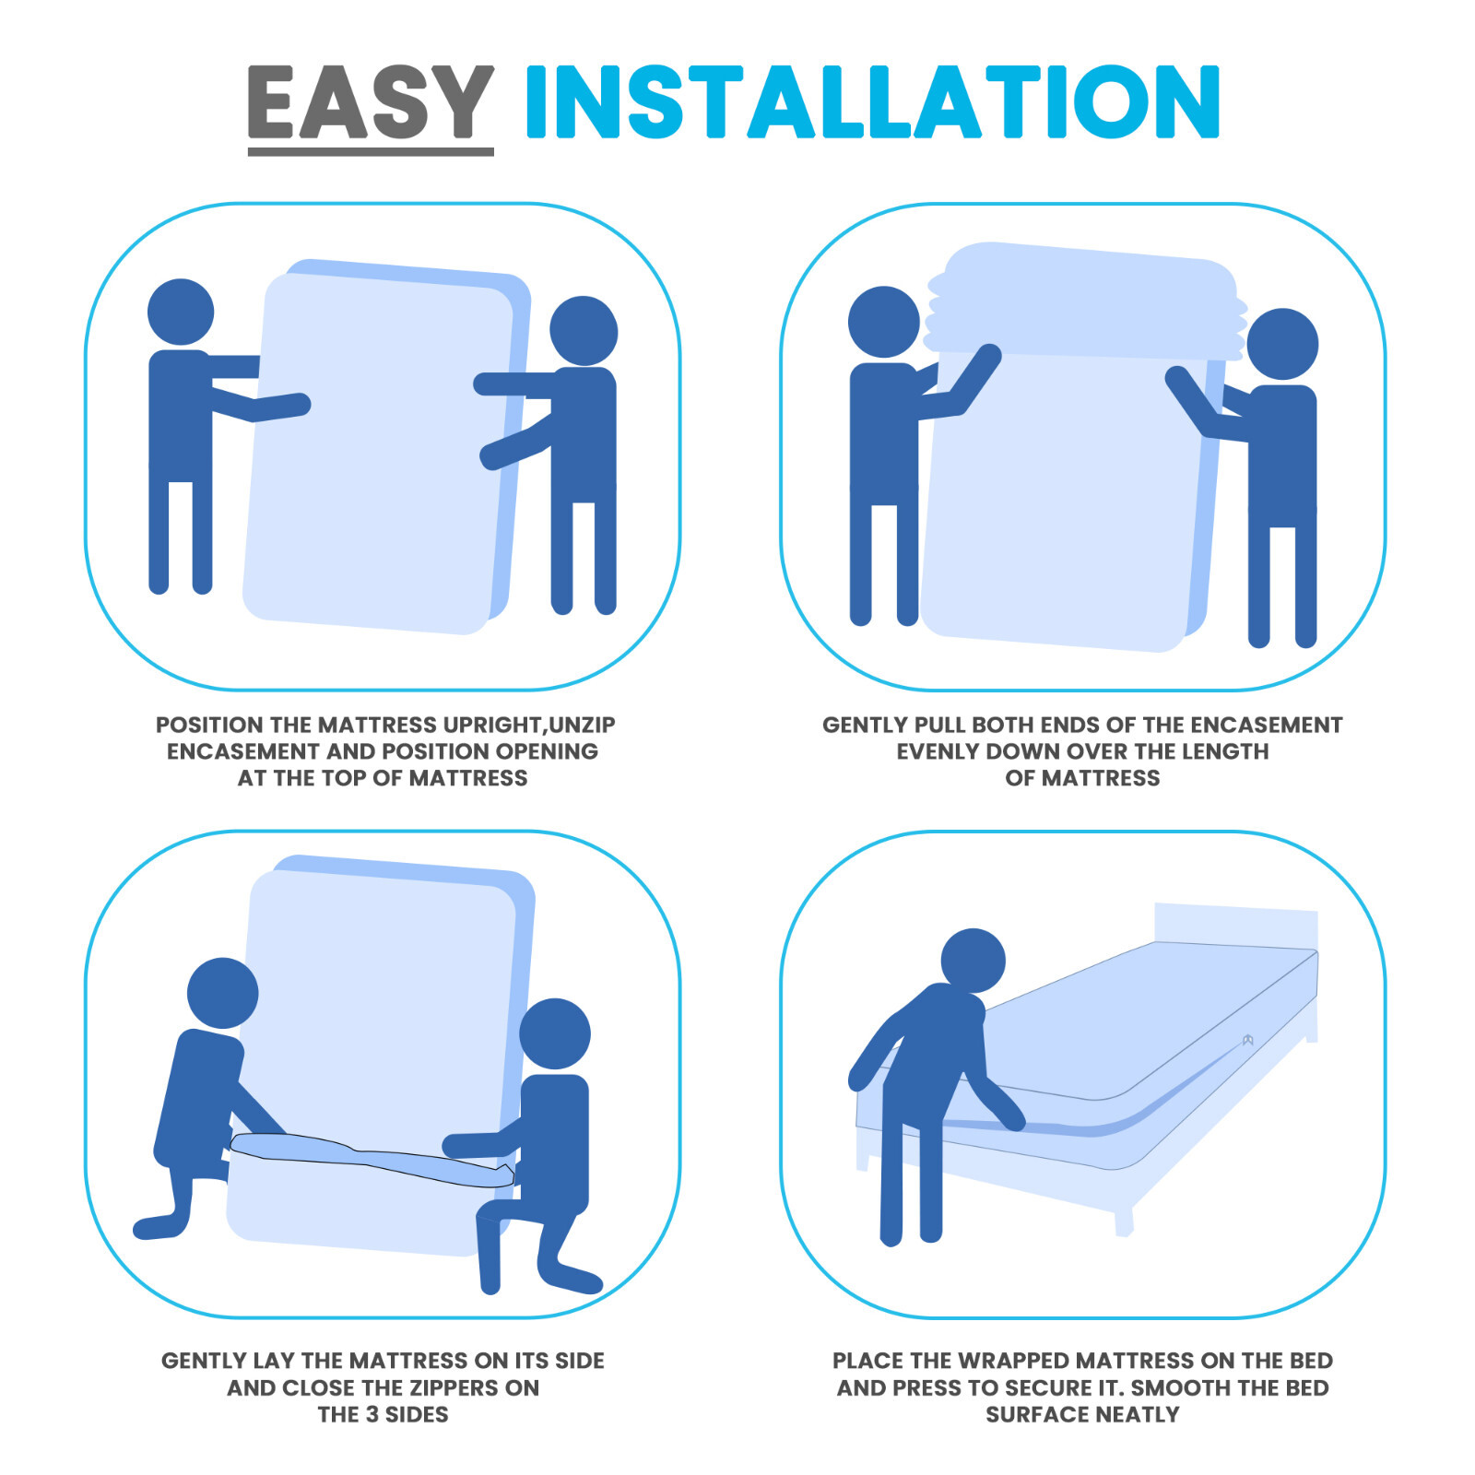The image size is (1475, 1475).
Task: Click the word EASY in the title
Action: pyautogui.click(x=370, y=102)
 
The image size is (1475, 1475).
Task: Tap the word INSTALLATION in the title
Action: pyautogui.click(x=872, y=102)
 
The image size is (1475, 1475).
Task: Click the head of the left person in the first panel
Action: pyautogui.click(x=181, y=313)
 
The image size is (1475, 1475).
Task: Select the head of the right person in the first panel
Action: pyautogui.click(x=584, y=331)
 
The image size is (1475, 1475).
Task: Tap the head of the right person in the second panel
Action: pyautogui.click(x=1282, y=344)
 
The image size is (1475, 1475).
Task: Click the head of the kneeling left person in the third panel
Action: pyautogui.click(x=222, y=993)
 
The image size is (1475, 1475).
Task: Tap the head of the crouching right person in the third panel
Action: pyautogui.click(x=554, y=1033)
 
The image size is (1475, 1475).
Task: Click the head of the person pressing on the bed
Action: pyautogui.click(x=973, y=960)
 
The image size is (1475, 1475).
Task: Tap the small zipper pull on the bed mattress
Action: pyautogui.click(x=1247, y=1040)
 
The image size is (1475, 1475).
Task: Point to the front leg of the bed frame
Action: pyautogui.click(x=1124, y=1221)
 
